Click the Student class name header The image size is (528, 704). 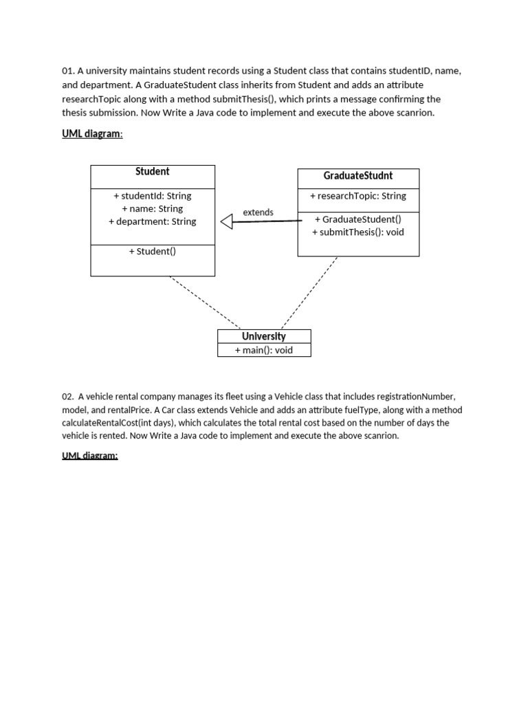click(x=153, y=172)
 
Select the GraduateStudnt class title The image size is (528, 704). click(x=358, y=176)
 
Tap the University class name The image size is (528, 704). click(x=264, y=336)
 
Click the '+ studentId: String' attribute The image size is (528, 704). click(x=153, y=196)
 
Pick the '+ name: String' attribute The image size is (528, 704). click(x=153, y=208)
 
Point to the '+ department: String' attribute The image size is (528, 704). click(x=153, y=221)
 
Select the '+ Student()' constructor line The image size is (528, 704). click(x=153, y=252)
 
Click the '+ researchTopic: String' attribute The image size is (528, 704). click(x=358, y=196)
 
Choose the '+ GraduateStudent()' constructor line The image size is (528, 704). click(x=358, y=219)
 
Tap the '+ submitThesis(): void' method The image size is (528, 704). click(x=358, y=232)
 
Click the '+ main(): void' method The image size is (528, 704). click(x=264, y=350)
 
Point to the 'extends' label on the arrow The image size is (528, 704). click(x=258, y=212)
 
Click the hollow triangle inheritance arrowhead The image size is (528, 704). click(x=226, y=221)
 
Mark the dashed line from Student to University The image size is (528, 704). click(x=204, y=302)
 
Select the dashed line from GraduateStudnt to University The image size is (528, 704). click(x=310, y=292)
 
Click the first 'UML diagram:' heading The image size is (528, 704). click(x=93, y=134)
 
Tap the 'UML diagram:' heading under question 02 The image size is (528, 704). click(x=90, y=456)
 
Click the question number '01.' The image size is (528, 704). click(x=68, y=71)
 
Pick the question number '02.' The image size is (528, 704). click(x=68, y=397)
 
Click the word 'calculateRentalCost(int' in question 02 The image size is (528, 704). click(x=105, y=423)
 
